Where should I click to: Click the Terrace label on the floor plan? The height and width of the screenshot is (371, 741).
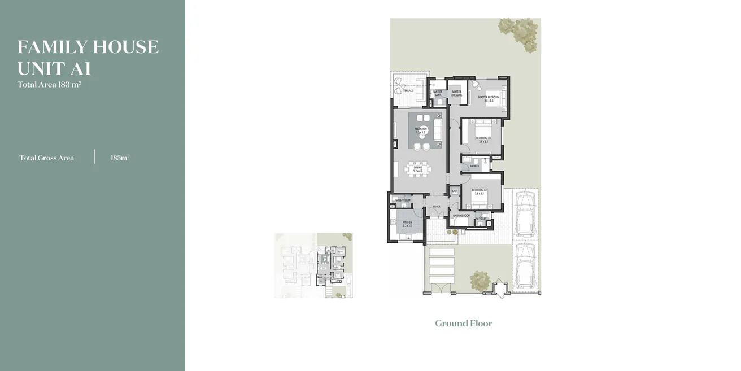point(408,91)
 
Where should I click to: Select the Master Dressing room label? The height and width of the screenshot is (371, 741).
point(456,94)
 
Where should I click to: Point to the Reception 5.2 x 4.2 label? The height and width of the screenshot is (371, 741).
point(420,130)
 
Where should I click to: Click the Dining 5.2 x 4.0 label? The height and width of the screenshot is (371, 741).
point(417,169)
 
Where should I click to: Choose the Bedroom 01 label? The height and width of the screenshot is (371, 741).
point(483,139)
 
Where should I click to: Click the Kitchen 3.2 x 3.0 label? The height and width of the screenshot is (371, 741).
point(407,224)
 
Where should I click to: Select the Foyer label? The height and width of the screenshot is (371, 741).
point(436,207)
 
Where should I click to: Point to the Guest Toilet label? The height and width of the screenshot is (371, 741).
point(402,200)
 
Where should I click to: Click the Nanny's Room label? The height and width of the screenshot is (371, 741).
point(461,215)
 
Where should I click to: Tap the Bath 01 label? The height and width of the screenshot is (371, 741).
point(474,166)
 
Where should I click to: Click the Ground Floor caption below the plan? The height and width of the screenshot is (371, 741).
point(464,324)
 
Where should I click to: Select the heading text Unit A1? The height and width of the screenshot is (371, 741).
point(54,69)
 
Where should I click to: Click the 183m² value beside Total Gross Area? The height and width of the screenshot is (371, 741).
point(120,158)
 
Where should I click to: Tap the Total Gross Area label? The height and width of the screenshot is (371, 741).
point(47,158)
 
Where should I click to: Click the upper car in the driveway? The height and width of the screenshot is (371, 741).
point(525,214)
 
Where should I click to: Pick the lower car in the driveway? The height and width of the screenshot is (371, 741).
point(525,265)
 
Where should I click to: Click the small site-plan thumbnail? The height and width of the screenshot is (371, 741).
point(313,265)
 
